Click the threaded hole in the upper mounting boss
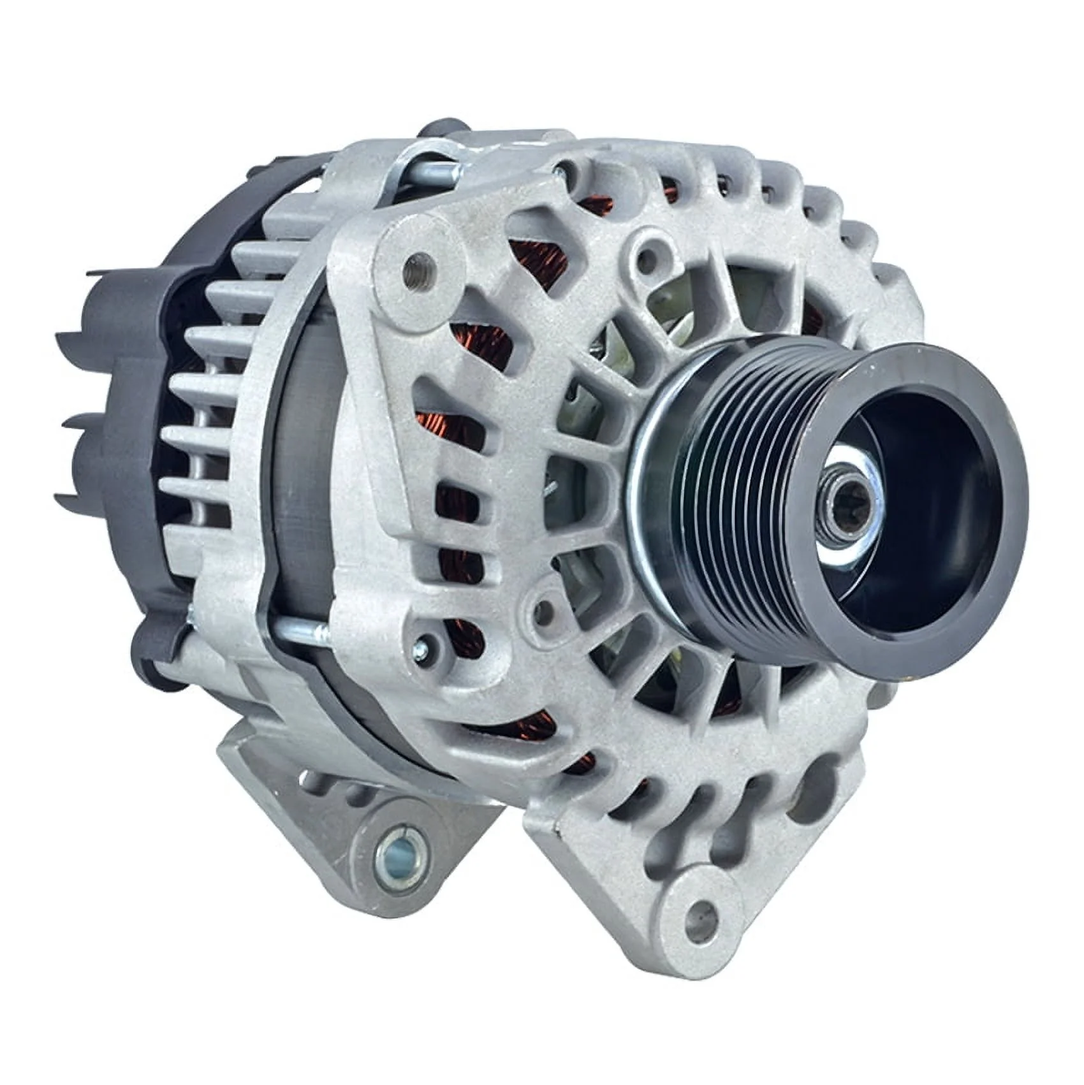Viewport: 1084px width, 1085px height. (x=418, y=260)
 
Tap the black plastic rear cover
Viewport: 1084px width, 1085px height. (x=128, y=382)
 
